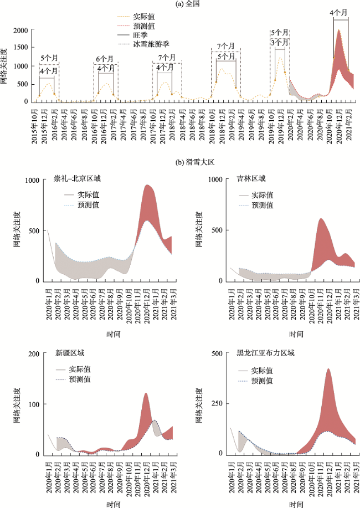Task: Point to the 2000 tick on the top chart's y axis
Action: click(20, 30)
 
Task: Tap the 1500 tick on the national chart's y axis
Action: click(20, 48)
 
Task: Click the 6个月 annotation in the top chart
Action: click(105, 58)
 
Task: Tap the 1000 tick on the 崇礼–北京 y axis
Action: click(32, 179)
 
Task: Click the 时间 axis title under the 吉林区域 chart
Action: click(296, 335)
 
